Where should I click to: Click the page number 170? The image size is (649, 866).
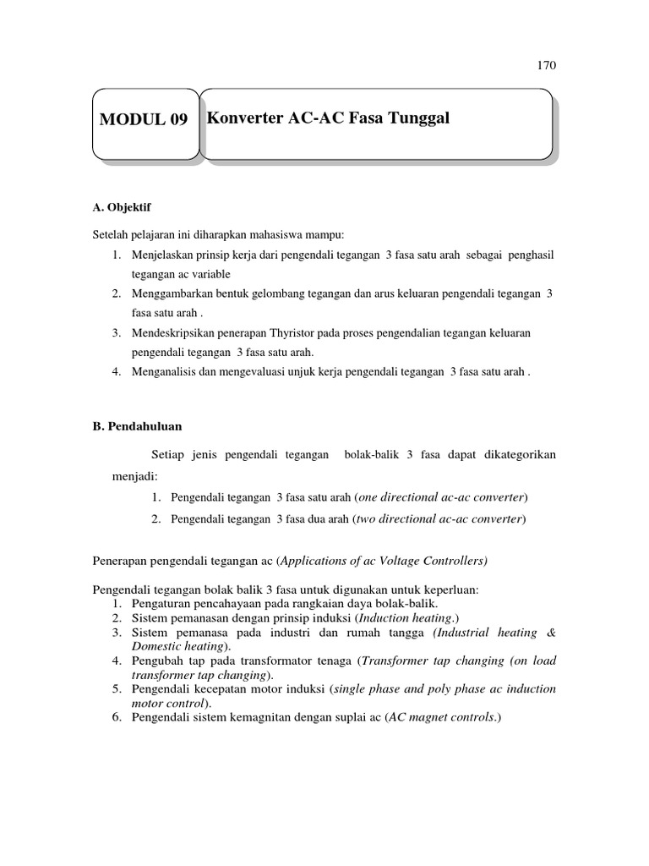(x=547, y=65)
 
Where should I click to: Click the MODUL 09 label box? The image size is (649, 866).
(x=144, y=120)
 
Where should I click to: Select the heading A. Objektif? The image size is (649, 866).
(x=121, y=206)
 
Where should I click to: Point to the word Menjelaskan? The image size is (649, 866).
(x=165, y=255)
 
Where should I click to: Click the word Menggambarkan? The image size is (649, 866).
(x=172, y=293)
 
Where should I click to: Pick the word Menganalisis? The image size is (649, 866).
(x=166, y=371)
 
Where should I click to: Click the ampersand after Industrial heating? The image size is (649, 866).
(x=551, y=633)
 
